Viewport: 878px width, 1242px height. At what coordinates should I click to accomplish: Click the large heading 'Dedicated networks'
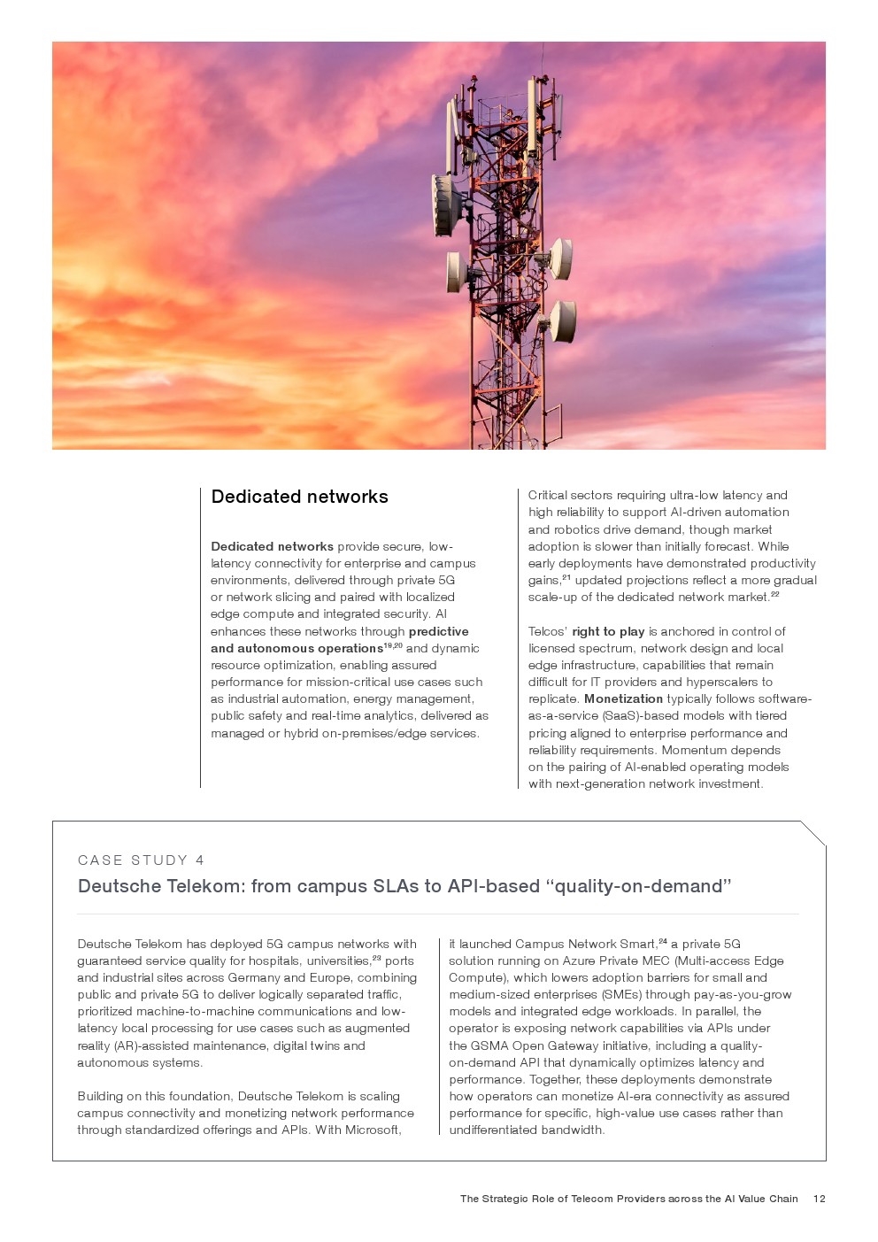299,497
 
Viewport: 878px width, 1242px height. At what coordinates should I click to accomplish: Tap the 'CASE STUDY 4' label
141,860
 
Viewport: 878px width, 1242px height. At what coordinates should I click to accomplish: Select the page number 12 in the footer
819,1199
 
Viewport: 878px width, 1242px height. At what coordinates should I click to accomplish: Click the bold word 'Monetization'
623,698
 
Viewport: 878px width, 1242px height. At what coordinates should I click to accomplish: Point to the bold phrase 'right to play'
608,631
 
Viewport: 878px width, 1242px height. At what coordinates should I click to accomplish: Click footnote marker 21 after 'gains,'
566,577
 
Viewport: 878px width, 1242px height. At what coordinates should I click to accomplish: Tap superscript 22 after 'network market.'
774,594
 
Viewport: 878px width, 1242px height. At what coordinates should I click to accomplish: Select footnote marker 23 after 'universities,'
376,958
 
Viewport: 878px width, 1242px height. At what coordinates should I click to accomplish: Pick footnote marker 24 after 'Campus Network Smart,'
663,941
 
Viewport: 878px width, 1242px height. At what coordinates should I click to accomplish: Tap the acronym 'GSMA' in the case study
489,1045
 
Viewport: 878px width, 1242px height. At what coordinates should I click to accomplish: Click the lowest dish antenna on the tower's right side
563,320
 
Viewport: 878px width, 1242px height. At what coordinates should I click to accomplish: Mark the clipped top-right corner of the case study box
813,833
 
